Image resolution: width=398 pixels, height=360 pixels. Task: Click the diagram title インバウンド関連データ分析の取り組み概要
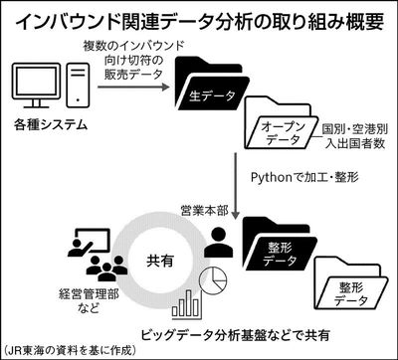(x=200, y=22)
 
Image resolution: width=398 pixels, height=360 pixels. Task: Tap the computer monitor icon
(x=36, y=84)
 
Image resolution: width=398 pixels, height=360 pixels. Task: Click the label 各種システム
(x=51, y=124)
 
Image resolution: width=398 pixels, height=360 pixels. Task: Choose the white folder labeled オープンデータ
(x=279, y=122)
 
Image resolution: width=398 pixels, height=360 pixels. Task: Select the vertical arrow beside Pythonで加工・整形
(x=235, y=186)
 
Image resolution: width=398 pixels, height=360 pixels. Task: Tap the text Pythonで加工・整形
(x=304, y=178)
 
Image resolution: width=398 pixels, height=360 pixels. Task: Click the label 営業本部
(x=204, y=211)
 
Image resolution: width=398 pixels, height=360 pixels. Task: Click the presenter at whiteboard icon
(x=89, y=243)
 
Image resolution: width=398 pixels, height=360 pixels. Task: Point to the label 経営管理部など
(x=89, y=302)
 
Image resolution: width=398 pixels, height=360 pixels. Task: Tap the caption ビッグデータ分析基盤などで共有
(x=235, y=335)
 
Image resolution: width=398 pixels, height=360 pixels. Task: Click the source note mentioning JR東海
(x=71, y=350)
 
